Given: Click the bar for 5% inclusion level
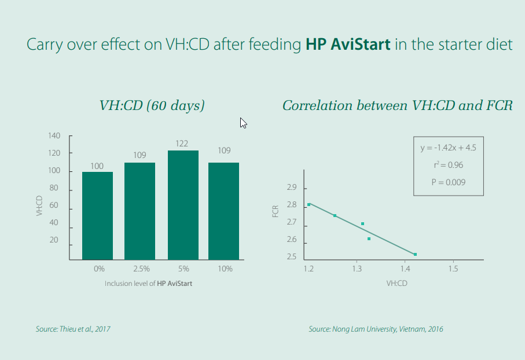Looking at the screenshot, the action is click(183, 205).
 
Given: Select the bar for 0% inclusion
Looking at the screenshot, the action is click(97, 216).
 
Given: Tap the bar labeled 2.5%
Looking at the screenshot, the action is click(139, 211).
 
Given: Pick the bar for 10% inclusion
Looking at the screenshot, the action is click(223, 211).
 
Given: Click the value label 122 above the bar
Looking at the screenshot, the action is click(182, 144).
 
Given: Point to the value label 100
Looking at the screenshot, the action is click(97, 166).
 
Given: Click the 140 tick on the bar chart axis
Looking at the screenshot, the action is click(54, 135).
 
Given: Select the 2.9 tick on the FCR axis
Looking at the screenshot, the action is click(292, 188).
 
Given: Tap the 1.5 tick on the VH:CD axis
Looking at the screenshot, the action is click(453, 269).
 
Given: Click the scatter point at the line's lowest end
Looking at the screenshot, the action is click(415, 255).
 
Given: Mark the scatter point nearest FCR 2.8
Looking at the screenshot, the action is click(309, 205).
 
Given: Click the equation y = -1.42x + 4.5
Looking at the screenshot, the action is click(449, 148).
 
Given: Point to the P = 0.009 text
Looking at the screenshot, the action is click(449, 182).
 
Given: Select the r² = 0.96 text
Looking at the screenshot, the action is click(449, 165).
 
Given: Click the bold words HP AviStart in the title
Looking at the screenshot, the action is click(348, 44).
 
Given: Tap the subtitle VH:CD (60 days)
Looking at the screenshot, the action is click(152, 105).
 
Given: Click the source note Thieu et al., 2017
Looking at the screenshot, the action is click(73, 329).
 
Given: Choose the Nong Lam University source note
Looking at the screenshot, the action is click(376, 329).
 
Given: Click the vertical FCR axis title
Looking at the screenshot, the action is click(276, 212).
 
